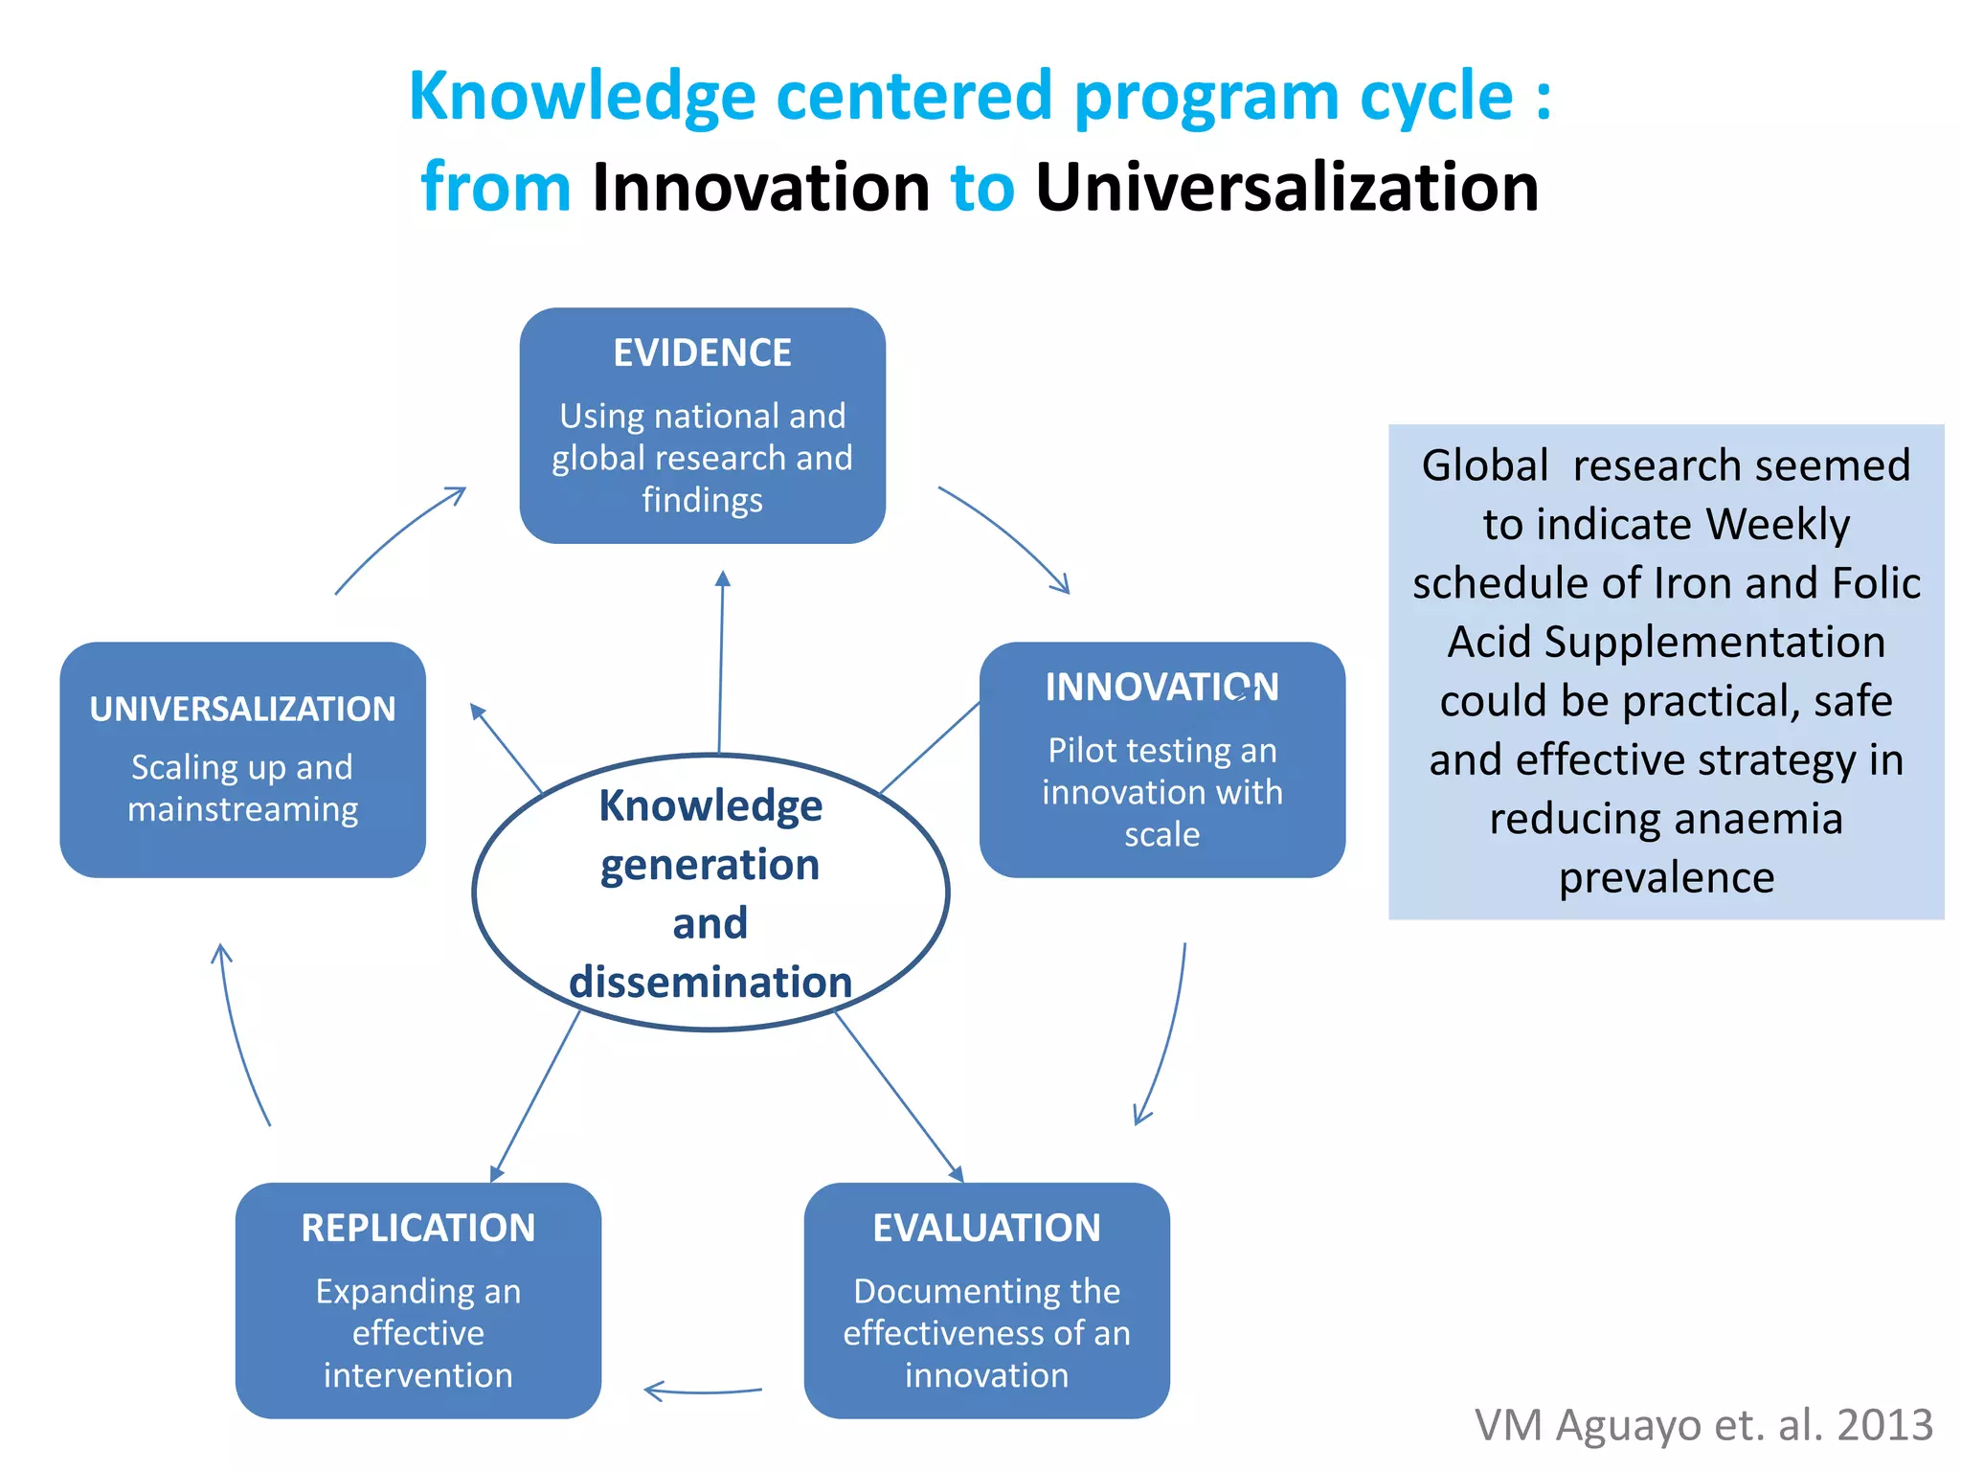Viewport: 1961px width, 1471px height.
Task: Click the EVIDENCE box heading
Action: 702,352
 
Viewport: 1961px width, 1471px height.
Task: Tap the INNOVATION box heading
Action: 1161,687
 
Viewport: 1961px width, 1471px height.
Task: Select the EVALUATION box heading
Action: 986,1228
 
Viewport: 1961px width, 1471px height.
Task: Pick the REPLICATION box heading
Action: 417,1228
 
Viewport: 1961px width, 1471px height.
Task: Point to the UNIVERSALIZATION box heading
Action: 242,709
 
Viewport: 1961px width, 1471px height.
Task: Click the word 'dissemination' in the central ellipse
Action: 710,983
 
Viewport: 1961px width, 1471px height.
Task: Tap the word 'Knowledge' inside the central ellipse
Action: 710,805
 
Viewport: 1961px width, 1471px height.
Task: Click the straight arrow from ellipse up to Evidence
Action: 721,661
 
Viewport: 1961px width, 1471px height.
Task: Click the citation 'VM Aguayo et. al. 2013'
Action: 1703,1425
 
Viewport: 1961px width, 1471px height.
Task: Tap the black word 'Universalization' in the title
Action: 1287,187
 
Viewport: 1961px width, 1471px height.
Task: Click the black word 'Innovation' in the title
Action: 760,187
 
